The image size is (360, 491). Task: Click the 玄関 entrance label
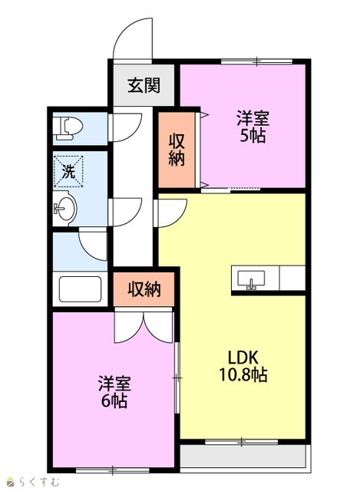[x=144, y=85]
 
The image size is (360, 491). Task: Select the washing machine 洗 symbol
[x=68, y=171]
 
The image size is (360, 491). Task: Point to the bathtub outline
[x=80, y=289]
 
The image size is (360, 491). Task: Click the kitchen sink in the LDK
[x=251, y=279]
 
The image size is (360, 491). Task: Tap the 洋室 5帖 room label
[x=253, y=127]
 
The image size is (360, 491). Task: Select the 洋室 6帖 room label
[x=114, y=391]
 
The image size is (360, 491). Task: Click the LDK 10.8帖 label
[x=243, y=366]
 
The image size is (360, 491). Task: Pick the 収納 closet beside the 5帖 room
[x=177, y=150]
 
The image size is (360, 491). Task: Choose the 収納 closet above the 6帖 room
[x=144, y=288]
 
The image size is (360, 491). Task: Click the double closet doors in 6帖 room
[x=144, y=325]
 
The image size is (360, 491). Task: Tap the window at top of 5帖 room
[x=256, y=61]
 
